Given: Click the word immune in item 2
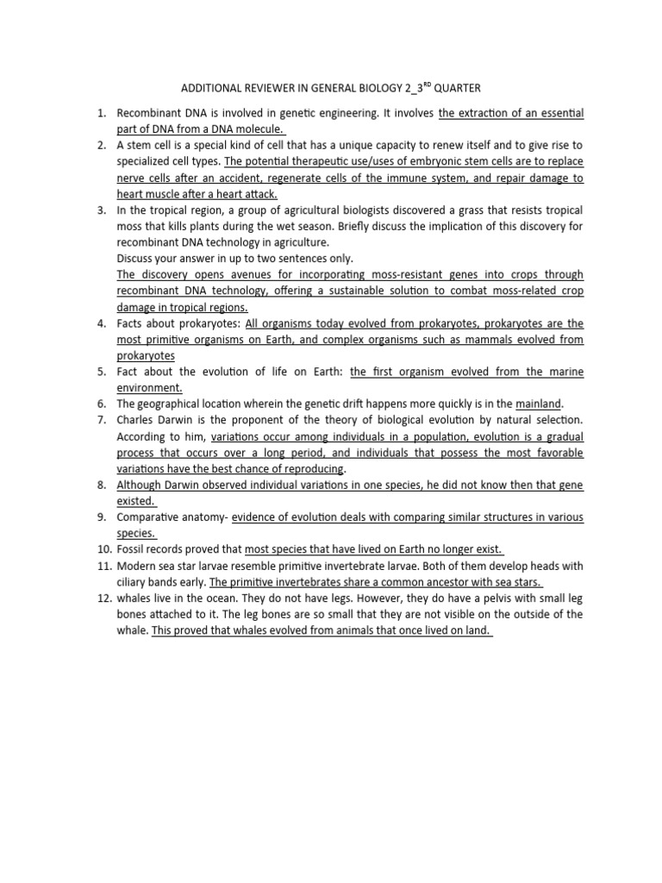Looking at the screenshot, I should point(421,178).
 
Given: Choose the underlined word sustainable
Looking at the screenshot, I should point(397,291).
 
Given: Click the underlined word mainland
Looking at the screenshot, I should point(539,404).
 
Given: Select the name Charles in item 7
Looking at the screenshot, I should point(137,420).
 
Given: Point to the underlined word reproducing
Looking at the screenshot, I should point(309,468).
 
